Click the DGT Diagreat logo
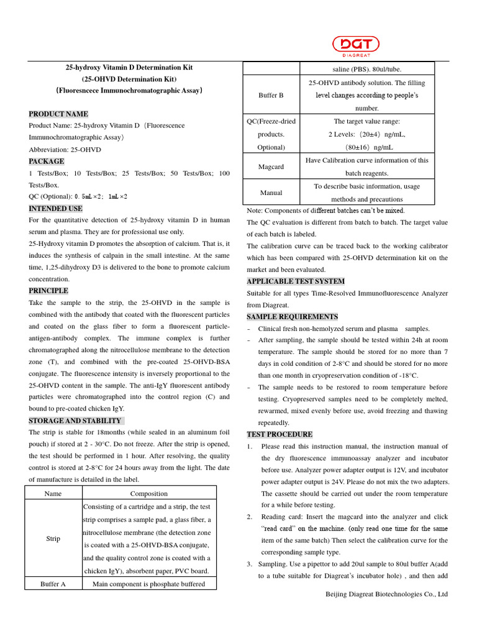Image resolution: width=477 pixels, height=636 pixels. pyautogui.click(x=355, y=45)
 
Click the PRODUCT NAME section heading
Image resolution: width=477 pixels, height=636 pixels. pyautogui.click(x=58, y=114)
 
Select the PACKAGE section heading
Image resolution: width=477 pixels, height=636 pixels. pyautogui.click(x=47, y=161)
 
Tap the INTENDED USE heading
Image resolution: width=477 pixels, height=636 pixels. pyautogui.click(x=55, y=209)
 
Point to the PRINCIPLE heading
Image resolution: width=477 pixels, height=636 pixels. pyautogui.click(x=48, y=291)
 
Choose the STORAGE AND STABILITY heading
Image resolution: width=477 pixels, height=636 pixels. pyautogui.click(x=75, y=420)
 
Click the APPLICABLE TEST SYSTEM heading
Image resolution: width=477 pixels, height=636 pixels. pyautogui.click(x=295, y=281)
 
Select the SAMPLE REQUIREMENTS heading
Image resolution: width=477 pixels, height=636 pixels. pyautogui.click(x=293, y=317)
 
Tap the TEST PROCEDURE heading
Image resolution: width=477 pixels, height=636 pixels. pyautogui.click(x=279, y=434)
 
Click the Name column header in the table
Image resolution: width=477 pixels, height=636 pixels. pyautogui.click(x=53, y=493)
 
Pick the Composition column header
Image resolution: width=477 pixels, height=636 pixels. pyautogui.click(x=149, y=493)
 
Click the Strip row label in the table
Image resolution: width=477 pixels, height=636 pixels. pyautogui.click(x=53, y=538)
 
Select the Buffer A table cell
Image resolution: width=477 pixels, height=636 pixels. pyautogui.click(x=53, y=584)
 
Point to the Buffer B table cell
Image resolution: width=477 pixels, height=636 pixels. pyautogui.click(x=271, y=95)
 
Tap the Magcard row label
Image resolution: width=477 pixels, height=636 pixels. pyautogui.click(x=271, y=166)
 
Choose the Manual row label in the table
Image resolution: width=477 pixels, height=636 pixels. pyautogui.click(x=271, y=193)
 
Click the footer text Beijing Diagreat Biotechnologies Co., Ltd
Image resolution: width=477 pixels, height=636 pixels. pyautogui.click(x=387, y=594)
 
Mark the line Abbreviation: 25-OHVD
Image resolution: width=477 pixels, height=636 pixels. pyautogui.click(x=65, y=150)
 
